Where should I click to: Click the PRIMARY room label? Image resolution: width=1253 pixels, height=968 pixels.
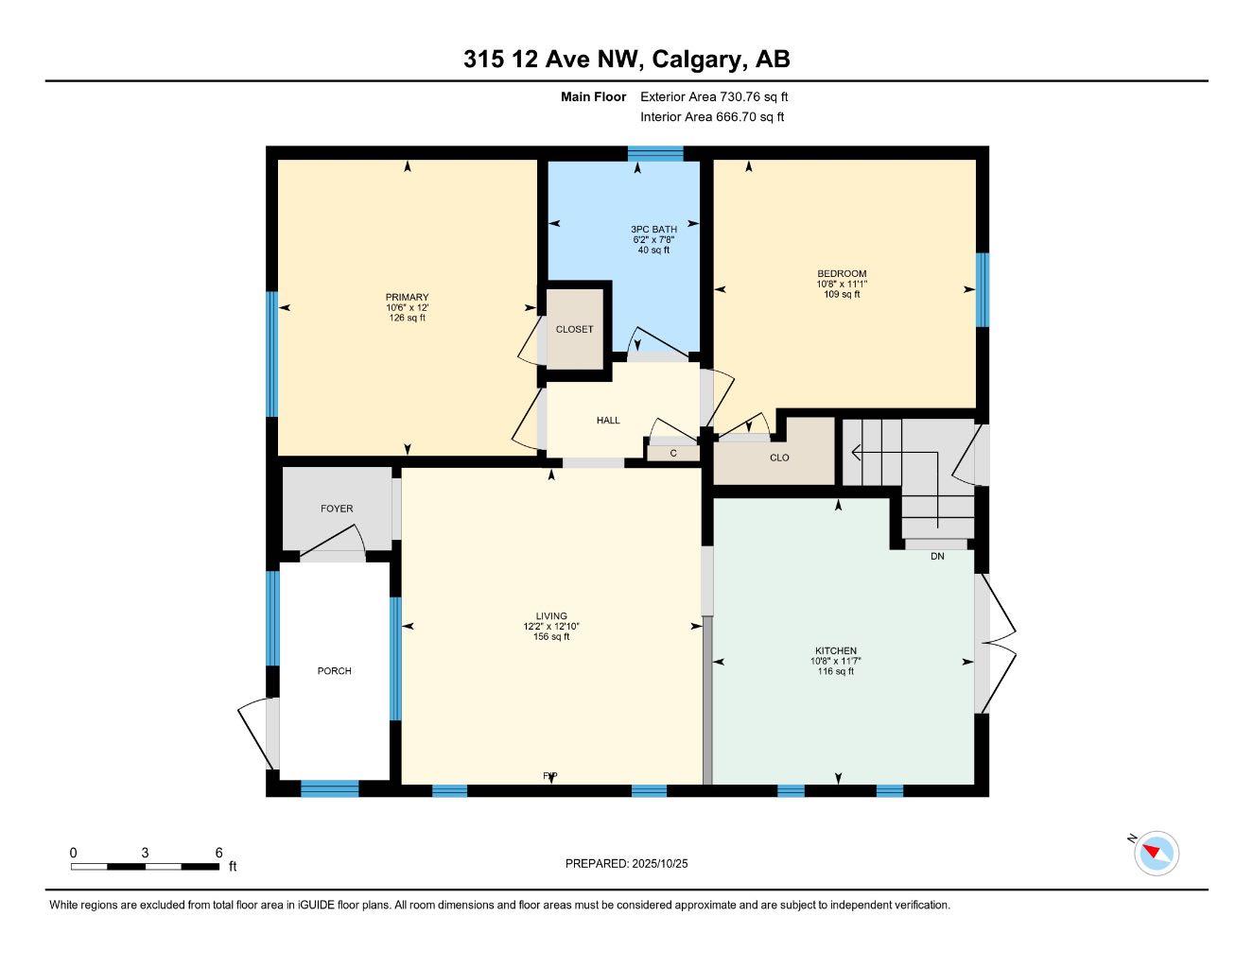(x=407, y=297)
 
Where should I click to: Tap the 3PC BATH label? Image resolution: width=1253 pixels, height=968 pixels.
(x=653, y=229)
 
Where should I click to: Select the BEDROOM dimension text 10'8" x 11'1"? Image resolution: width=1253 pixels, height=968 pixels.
(x=842, y=284)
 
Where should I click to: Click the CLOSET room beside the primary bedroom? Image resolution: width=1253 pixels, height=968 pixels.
(x=574, y=329)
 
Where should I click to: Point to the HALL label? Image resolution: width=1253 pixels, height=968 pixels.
(x=608, y=420)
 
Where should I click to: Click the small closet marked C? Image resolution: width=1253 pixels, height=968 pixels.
(x=673, y=453)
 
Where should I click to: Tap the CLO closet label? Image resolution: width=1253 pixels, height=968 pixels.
(x=779, y=458)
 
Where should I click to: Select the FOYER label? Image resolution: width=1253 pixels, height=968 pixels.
(x=337, y=509)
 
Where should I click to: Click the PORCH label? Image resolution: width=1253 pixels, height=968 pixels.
(x=334, y=671)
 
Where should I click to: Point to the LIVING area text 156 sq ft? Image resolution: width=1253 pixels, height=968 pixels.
(x=551, y=637)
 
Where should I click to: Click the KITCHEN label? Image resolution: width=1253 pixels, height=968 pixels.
(x=836, y=650)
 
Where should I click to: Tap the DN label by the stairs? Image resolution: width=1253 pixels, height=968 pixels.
(x=937, y=557)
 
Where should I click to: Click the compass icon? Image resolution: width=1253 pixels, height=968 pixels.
(x=1156, y=854)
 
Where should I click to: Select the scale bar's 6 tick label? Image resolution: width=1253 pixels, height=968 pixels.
(x=218, y=852)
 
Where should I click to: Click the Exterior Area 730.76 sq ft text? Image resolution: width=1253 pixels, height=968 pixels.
(x=714, y=96)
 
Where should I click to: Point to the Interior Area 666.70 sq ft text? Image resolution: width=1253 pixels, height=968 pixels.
(x=712, y=117)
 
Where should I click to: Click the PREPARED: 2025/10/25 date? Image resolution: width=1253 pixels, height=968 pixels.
(x=626, y=863)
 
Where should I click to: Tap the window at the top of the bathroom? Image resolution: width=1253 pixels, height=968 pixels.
(x=655, y=153)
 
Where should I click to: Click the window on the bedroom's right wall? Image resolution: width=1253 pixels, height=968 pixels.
(x=982, y=289)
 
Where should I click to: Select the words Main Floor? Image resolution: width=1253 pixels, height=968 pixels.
(x=593, y=96)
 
